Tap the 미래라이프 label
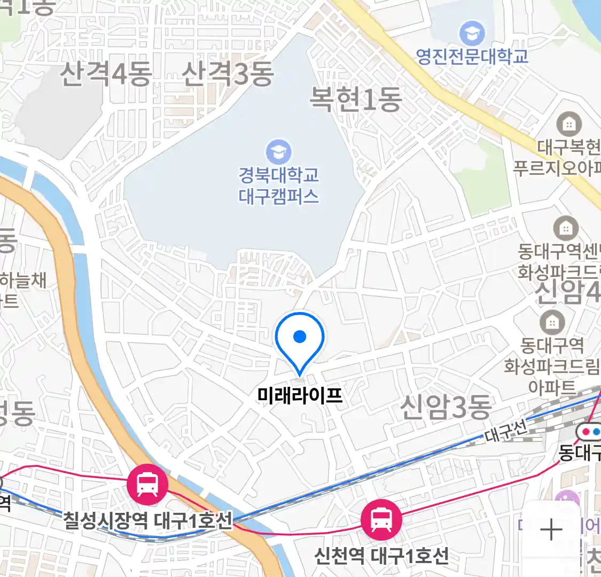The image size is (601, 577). click(300, 396)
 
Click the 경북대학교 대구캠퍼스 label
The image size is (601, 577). click(278, 185)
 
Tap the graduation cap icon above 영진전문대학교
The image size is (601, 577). click(472, 34)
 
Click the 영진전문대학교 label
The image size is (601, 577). click(472, 56)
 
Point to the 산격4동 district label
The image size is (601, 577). click(106, 74)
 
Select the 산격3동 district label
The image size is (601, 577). click(228, 74)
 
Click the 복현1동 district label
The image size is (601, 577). click(356, 99)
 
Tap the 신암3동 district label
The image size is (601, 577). click(446, 407)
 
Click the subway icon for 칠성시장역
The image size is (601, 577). click(147, 484)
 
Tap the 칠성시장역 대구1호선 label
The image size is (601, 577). click(148, 520)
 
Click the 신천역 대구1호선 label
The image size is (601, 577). click(381, 556)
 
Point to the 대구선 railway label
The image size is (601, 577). click(506, 430)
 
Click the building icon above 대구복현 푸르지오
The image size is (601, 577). click(569, 125)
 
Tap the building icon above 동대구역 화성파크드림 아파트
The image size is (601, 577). click(552, 322)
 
